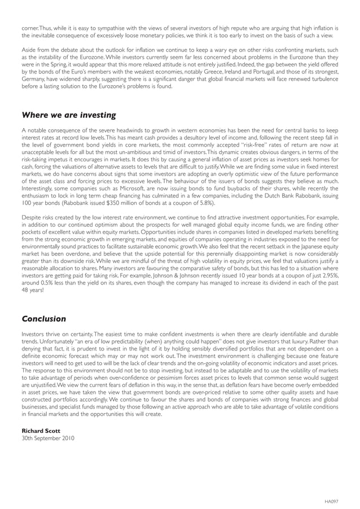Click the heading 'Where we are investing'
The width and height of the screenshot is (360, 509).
pos(68,115)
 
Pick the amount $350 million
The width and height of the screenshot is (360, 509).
pos(125,203)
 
